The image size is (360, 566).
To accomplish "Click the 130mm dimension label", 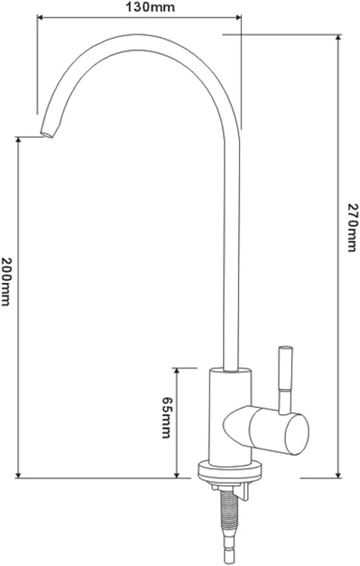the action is (x=150, y=7).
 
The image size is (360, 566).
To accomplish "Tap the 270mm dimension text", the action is (x=353, y=227).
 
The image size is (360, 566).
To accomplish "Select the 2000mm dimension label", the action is (x=6, y=282).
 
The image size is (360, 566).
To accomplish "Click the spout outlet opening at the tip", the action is (x=47, y=135).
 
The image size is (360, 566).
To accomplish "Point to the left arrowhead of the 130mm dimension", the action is (x=41, y=17).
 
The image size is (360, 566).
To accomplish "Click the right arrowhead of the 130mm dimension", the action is (x=239, y=17).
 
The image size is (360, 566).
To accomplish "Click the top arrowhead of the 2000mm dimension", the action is (x=18, y=141).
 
